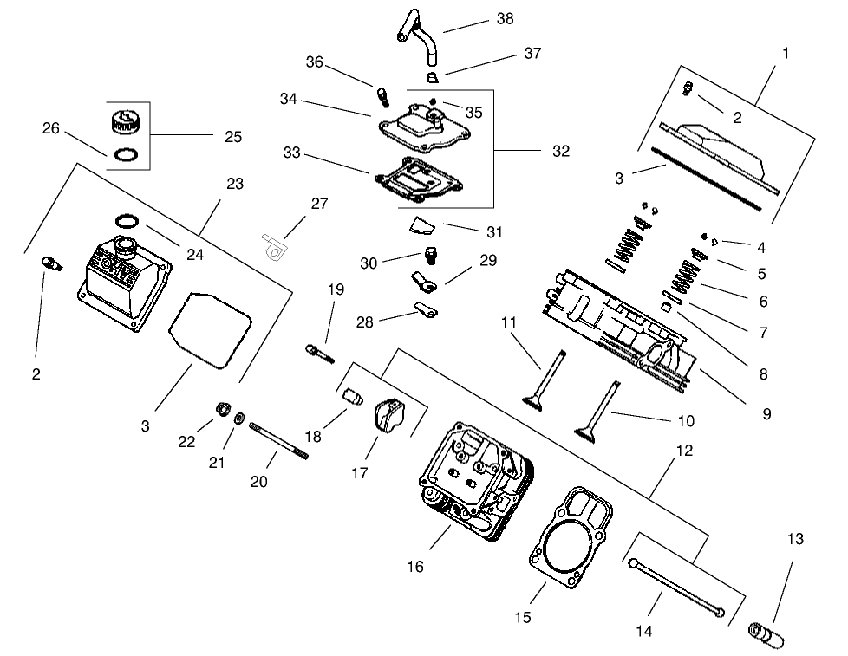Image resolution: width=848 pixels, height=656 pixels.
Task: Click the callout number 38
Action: pyautogui.click(x=505, y=19)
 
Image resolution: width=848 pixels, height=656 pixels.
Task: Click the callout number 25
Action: pyautogui.click(x=232, y=136)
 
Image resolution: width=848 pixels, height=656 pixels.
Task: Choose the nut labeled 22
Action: pyautogui.click(x=221, y=408)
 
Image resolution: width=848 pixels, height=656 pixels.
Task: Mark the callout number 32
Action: pyautogui.click(x=561, y=150)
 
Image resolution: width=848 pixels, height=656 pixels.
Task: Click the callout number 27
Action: pyautogui.click(x=319, y=204)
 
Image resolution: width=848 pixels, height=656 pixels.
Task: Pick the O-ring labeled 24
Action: pyautogui.click(x=126, y=219)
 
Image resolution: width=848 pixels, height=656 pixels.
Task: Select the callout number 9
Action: pyautogui.click(x=766, y=414)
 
